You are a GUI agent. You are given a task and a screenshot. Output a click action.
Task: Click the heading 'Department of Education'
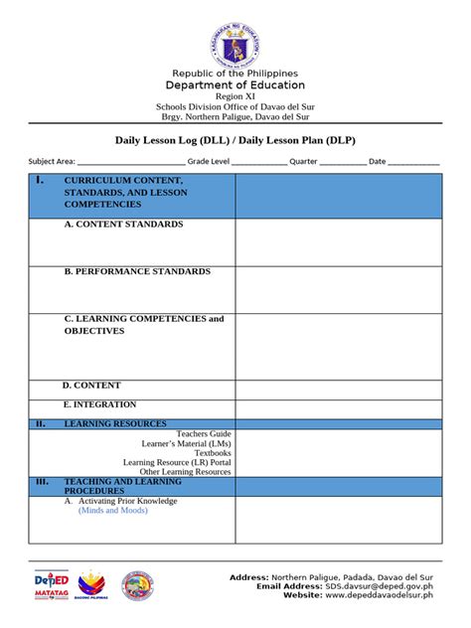pyautogui.click(x=235, y=85)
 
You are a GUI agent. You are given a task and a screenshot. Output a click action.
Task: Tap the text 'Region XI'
pyautogui.click(x=235, y=96)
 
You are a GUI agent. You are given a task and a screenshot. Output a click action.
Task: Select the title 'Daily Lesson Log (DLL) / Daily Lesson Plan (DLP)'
pyautogui.click(x=235, y=141)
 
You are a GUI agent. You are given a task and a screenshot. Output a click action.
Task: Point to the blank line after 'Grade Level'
pyautogui.click(x=259, y=163)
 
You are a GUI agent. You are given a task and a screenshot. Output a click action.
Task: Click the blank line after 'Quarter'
pyautogui.click(x=343, y=163)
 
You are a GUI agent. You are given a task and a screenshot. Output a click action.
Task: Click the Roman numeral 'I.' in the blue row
pyautogui.click(x=39, y=181)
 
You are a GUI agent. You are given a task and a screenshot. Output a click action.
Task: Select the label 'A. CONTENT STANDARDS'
pyautogui.click(x=123, y=225)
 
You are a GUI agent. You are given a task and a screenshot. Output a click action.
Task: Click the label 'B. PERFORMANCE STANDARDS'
pyautogui.click(x=137, y=271)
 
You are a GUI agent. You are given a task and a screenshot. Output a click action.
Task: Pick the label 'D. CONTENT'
pyautogui.click(x=91, y=386)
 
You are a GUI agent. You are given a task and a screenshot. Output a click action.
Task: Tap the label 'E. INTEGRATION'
pyautogui.click(x=99, y=404)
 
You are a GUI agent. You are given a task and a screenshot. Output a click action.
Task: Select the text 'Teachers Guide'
pyautogui.click(x=204, y=434)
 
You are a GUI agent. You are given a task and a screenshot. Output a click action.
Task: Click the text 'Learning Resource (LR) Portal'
pyautogui.click(x=177, y=462)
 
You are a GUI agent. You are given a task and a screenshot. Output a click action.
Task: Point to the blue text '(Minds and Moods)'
pyautogui.click(x=112, y=511)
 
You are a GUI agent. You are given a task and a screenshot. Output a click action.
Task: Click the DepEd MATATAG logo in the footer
pyautogui.click(x=52, y=584)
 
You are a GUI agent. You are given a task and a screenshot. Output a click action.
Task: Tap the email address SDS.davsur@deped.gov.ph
pyautogui.click(x=379, y=586)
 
